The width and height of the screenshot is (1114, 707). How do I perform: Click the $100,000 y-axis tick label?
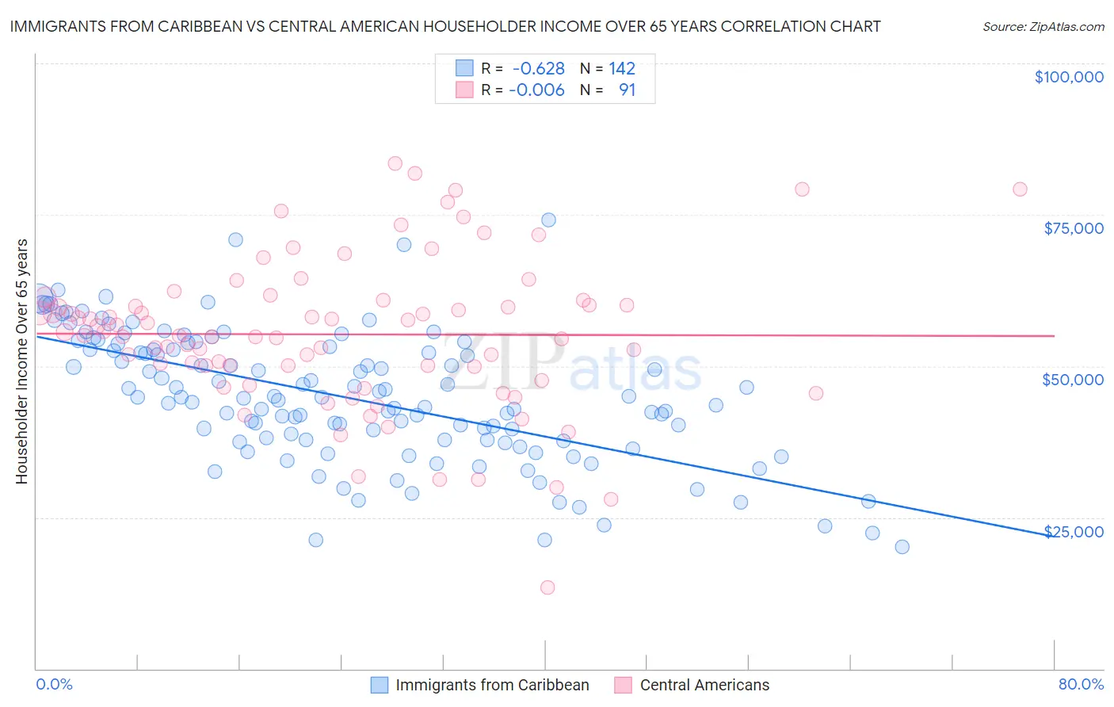point(1068,77)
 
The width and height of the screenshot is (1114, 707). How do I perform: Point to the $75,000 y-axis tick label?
point(1073,228)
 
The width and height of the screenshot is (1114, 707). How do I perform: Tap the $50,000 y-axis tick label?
point(1072,380)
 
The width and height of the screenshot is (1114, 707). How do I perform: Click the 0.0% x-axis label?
point(54,684)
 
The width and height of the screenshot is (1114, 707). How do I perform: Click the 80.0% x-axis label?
point(1081,684)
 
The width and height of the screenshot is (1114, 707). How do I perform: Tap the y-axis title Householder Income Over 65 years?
point(22,361)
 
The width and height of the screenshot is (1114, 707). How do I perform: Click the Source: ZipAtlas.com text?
point(1043,27)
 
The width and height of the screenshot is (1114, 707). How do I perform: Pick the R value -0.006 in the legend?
point(536,90)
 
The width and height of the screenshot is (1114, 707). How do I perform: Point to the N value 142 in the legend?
point(622,69)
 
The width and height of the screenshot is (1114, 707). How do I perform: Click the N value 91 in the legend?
point(627,90)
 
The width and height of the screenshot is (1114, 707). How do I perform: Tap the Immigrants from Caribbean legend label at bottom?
point(492,686)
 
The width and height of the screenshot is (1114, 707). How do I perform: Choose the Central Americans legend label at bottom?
point(704,686)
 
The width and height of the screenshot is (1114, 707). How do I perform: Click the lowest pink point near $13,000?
point(547,587)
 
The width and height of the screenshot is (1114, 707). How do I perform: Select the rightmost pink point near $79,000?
point(1020,189)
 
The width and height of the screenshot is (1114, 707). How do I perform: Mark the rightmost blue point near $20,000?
point(902,547)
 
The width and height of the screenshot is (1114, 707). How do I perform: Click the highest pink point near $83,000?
point(395,163)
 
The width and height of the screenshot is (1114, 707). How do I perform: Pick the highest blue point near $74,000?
point(548,220)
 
